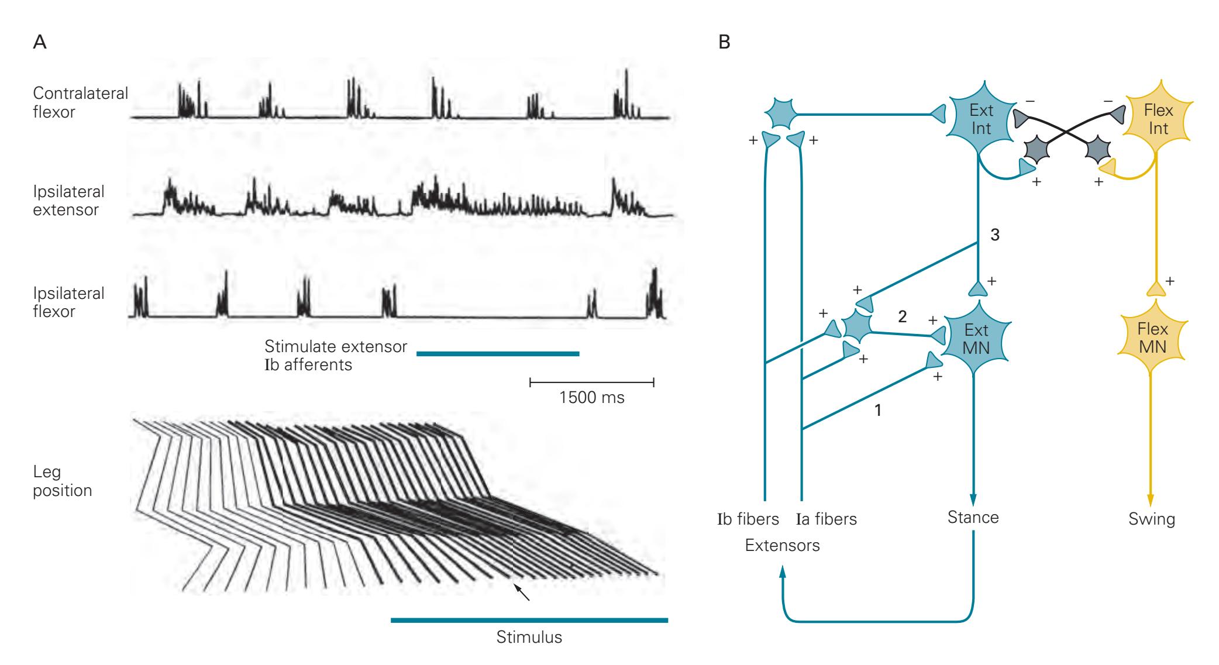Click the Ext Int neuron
click(x=981, y=119)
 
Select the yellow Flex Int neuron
click(x=1158, y=119)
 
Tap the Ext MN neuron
click(x=976, y=339)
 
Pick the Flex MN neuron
click(x=1152, y=338)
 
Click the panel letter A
click(x=40, y=43)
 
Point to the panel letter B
click(x=724, y=43)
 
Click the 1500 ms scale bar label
click(x=591, y=398)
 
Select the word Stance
click(x=973, y=517)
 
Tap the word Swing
click(x=1151, y=519)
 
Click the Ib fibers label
click(x=748, y=519)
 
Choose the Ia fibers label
click(x=826, y=519)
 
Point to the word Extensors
click(x=782, y=546)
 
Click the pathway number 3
click(x=994, y=235)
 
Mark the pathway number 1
click(x=877, y=411)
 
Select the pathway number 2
click(x=902, y=317)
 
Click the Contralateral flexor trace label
click(x=80, y=102)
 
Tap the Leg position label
click(x=62, y=481)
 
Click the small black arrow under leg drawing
click(x=523, y=592)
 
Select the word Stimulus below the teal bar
click(x=529, y=637)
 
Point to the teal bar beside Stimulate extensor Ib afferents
click(x=497, y=354)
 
